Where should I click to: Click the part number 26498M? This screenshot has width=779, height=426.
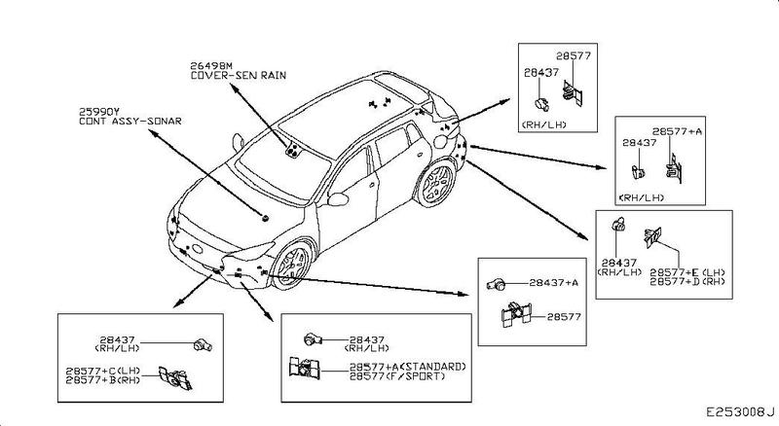212,65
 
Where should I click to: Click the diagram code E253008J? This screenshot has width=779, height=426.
739,412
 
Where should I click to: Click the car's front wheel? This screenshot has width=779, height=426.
291,266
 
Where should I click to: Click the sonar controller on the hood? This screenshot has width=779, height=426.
264,219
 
